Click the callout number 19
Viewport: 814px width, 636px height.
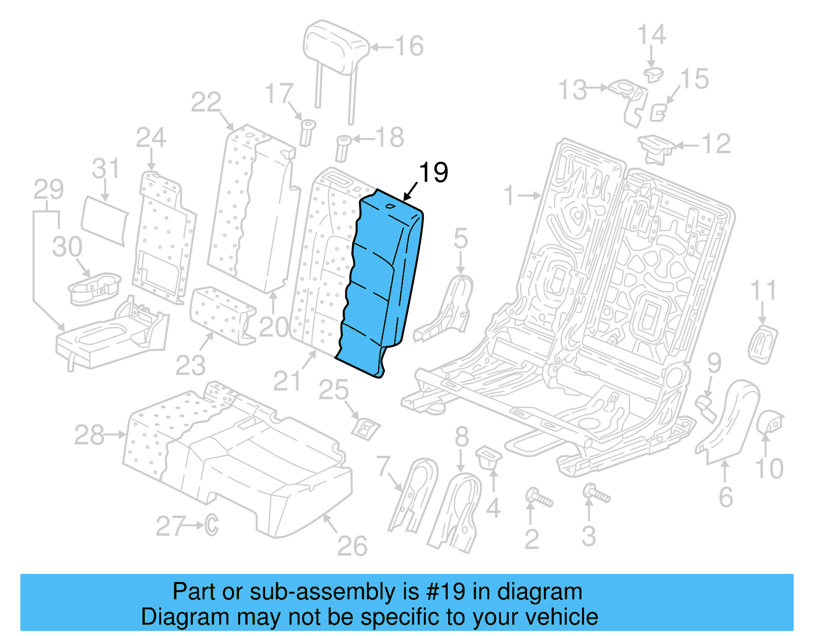point(433,173)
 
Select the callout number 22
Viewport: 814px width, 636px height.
point(206,103)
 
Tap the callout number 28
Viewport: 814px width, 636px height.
point(89,435)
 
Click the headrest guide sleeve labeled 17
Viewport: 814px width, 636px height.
point(307,131)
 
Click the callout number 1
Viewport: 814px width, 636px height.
point(509,196)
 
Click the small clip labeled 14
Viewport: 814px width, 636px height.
point(653,74)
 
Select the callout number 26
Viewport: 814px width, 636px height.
point(352,546)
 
